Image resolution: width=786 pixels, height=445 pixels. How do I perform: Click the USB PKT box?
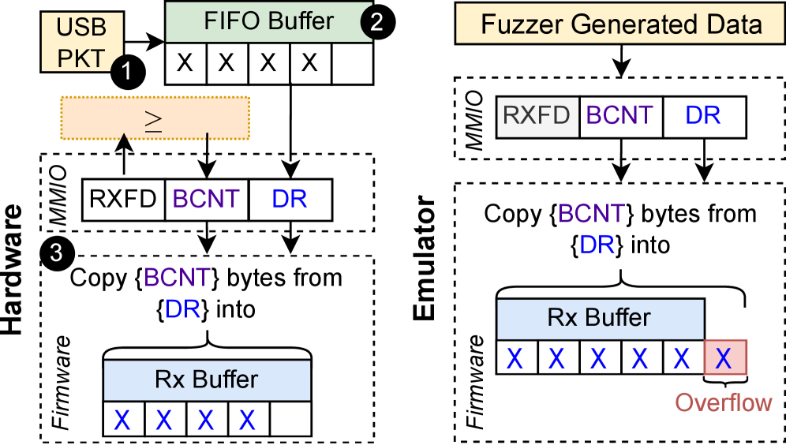(80, 43)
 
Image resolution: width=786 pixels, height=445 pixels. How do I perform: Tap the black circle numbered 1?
(123, 70)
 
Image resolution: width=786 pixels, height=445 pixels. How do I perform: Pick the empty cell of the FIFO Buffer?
(352, 63)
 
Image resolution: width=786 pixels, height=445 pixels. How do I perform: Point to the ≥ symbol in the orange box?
(153, 119)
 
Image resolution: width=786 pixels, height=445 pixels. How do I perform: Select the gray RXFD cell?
(537, 116)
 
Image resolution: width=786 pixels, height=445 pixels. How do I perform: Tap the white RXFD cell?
(124, 199)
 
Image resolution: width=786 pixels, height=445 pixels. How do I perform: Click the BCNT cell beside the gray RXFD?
(620, 116)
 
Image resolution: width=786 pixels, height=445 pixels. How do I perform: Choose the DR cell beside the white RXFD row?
(290, 199)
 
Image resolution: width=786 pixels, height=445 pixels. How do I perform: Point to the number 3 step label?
(56, 253)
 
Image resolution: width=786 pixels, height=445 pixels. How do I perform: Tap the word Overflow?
(723, 402)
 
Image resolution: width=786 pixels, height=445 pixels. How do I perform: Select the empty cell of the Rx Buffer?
(290, 420)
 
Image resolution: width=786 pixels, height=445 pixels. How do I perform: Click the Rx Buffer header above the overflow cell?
(600, 318)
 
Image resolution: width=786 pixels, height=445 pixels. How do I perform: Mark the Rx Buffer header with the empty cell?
(207, 380)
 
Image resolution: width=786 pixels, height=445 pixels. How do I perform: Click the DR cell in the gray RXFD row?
(703, 116)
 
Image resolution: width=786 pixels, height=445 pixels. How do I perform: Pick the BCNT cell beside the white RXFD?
(206, 199)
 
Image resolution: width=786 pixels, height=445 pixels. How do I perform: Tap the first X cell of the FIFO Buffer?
(185, 63)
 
